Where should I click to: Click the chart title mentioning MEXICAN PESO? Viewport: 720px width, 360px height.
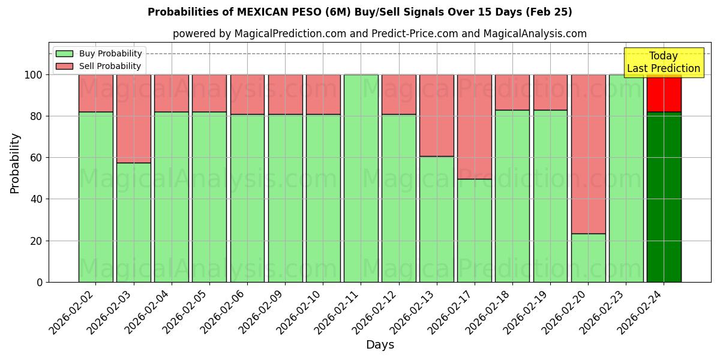(359, 12)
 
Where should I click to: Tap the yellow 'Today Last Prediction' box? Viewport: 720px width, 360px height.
(663, 62)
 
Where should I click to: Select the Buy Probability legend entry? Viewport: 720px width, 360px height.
(99, 53)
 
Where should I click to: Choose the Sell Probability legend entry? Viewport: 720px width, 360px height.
(99, 66)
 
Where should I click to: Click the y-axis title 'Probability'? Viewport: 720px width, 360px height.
(15, 163)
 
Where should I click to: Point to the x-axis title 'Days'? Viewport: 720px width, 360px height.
(380, 345)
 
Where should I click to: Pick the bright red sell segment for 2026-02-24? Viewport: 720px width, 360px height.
(664, 93)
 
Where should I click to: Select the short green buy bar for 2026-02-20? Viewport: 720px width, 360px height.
(588, 258)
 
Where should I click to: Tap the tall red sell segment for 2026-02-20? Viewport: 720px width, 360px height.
(588, 153)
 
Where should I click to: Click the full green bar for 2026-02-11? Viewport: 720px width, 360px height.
(361, 180)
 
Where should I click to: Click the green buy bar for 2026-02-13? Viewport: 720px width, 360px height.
(436, 219)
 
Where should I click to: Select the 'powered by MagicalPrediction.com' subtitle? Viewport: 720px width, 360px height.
(379, 34)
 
